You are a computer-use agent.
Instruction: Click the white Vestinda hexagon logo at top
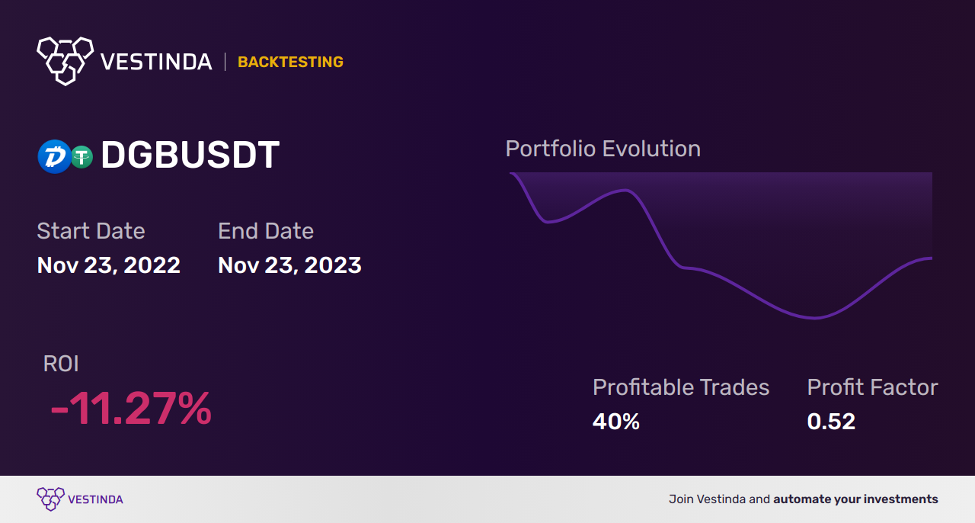(x=66, y=61)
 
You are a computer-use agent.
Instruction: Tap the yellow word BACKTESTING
(x=290, y=62)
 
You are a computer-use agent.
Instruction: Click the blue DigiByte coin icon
(x=54, y=156)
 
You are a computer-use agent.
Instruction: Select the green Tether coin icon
(x=82, y=156)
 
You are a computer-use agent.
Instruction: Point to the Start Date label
(x=91, y=231)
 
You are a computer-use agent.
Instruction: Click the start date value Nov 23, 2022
(x=108, y=265)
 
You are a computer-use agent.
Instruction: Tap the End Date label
(x=266, y=231)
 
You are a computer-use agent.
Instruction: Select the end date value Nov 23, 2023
(x=289, y=265)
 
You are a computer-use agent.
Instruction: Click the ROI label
(x=61, y=364)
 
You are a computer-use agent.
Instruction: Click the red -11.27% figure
(x=131, y=409)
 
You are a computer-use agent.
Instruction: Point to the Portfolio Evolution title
(x=603, y=149)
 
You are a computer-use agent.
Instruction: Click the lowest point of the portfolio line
(x=814, y=318)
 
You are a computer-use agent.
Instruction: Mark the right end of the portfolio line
(x=932, y=258)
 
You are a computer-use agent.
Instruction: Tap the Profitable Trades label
(x=681, y=387)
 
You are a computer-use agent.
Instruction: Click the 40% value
(x=616, y=422)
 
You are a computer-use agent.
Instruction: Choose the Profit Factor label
(x=872, y=387)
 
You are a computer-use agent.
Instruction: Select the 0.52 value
(x=831, y=422)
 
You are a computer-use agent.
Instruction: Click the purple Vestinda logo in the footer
(x=80, y=499)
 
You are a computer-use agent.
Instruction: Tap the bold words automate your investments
(x=855, y=499)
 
